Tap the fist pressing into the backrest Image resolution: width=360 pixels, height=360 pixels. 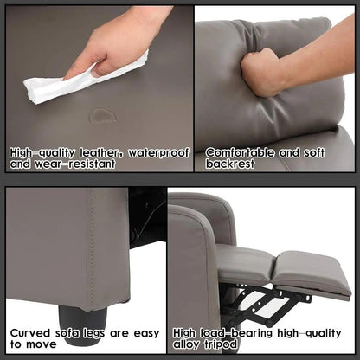point(260,74)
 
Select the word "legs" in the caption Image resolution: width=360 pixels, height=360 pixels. point(97,331)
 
